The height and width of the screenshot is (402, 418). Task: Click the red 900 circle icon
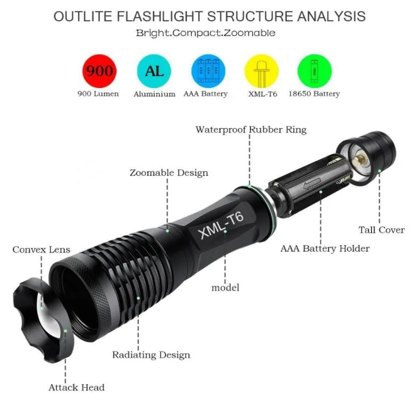pos(99,71)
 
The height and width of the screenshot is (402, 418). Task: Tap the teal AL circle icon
pos(154,71)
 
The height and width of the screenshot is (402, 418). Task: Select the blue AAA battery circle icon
pos(208,71)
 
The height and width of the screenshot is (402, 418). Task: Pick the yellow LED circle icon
pos(262,71)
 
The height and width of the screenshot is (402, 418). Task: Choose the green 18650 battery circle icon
pos(314,71)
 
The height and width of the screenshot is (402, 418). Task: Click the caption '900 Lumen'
pos(98,94)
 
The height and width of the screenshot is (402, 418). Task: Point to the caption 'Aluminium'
pos(154,94)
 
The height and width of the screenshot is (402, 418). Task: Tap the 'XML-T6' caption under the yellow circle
pos(263,94)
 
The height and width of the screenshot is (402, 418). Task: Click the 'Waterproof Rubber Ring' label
pos(251,130)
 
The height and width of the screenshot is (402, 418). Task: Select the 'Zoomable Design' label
pos(169,173)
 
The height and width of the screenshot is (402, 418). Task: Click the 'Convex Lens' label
pos(41,250)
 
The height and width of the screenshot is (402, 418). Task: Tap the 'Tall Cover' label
pos(382,230)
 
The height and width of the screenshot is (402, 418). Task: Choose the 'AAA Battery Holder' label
pos(325,248)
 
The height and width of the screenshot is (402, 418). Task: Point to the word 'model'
pos(225,287)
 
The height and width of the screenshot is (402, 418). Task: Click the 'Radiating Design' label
pos(151,355)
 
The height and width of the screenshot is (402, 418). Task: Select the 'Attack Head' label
pos(76,388)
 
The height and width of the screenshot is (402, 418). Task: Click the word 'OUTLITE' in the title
pos(83,16)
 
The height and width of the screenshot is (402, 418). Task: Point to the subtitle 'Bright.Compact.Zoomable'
pos(206,33)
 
